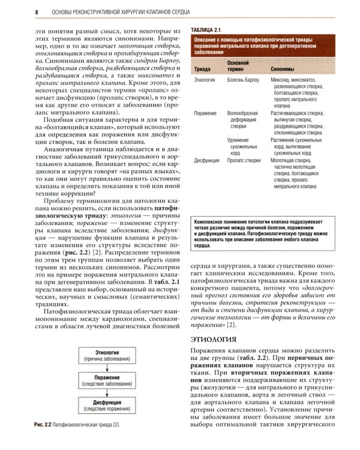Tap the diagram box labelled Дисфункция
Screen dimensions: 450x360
106,408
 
